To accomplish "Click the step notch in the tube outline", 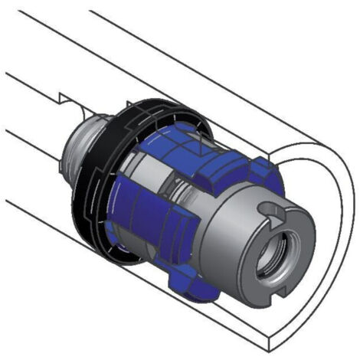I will click(61, 97).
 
